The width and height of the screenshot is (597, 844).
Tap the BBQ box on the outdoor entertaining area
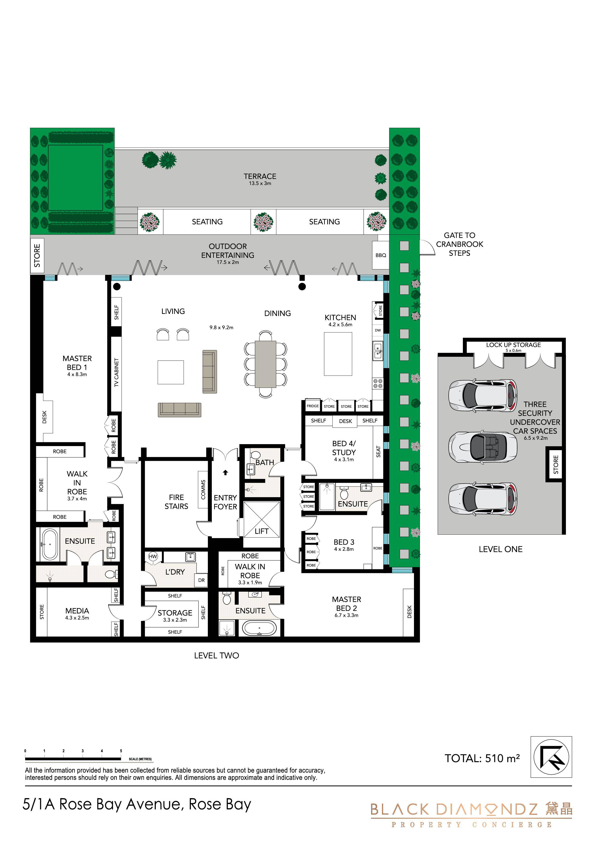[381, 255]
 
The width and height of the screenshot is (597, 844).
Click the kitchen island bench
[338, 354]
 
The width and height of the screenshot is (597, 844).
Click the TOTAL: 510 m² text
[482, 758]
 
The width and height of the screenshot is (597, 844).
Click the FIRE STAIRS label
[176, 502]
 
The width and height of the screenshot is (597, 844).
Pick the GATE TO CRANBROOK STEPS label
[459, 244]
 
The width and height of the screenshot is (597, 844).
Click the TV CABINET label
[116, 372]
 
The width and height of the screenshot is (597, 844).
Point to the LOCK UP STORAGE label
[513, 345]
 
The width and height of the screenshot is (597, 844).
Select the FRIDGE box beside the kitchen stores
[313, 406]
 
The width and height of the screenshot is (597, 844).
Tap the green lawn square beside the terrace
[75, 178]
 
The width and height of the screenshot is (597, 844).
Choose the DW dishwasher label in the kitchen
[378, 330]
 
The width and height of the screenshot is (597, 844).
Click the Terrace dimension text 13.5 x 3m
[260, 183]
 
